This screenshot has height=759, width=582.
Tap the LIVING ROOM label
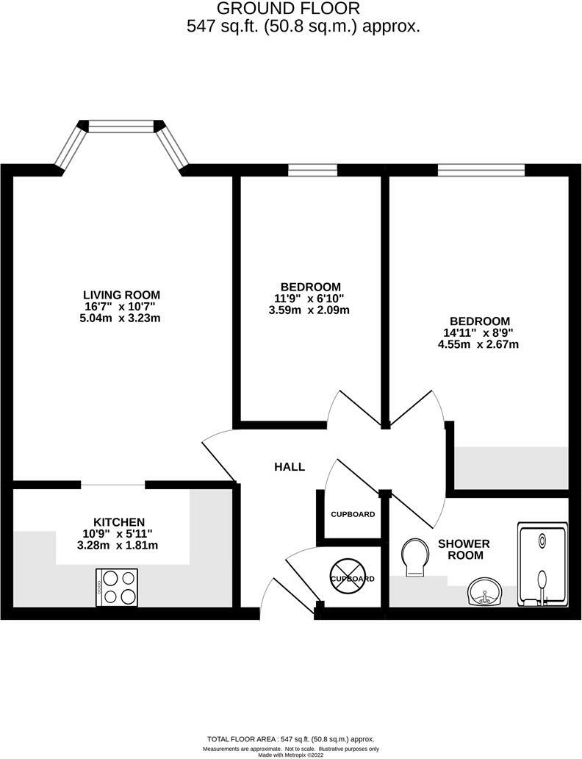click(x=121, y=295)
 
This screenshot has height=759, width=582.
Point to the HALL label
click(x=290, y=467)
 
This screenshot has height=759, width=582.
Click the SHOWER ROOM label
click(x=464, y=549)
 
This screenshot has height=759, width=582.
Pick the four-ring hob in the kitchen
click(x=117, y=587)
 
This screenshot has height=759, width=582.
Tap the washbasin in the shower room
click(x=485, y=592)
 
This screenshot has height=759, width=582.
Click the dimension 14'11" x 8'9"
click(x=479, y=332)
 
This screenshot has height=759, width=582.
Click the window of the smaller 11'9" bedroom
click(x=312, y=171)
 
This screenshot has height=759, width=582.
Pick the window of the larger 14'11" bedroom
click(x=481, y=171)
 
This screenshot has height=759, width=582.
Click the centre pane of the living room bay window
click(x=121, y=126)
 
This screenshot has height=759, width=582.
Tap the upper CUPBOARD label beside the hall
click(x=353, y=514)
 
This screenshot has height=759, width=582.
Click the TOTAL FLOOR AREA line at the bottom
click(x=292, y=739)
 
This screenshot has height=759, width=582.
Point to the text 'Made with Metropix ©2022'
click(x=292, y=755)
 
